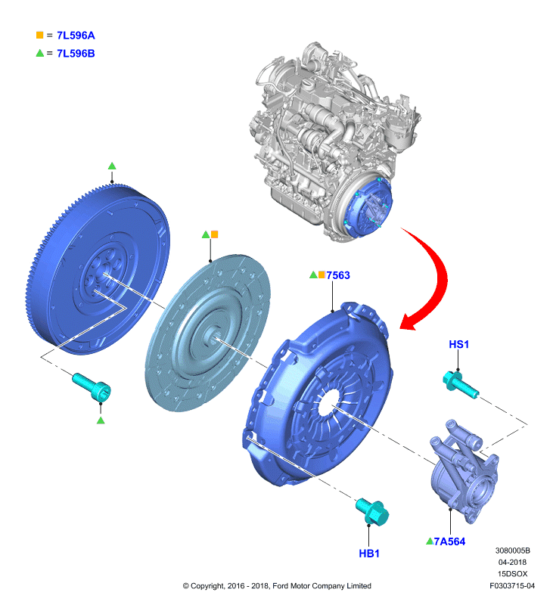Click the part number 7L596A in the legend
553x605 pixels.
(x=76, y=36)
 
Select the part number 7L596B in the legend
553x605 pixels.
(x=76, y=53)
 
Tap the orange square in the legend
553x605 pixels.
(x=40, y=35)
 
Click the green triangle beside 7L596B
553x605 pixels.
(x=40, y=53)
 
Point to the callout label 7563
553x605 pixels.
(x=338, y=275)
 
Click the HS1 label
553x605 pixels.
(x=459, y=344)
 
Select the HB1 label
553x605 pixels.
(x=369, y=554)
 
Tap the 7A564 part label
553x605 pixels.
(x=449, y=541)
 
